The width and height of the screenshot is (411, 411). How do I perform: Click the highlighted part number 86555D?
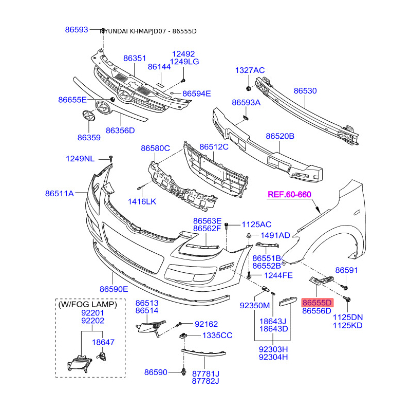tap(317, 303)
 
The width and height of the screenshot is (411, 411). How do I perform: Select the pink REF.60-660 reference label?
tap(290, 194)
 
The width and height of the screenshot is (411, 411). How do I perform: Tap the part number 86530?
tap(305, 91)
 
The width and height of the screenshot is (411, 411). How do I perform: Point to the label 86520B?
tap(280, 136)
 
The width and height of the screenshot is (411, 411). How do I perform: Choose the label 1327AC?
tap(250, 70)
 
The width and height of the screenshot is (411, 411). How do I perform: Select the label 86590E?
tap(114, 289)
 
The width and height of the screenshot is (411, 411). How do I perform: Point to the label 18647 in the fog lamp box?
tap(103, 342)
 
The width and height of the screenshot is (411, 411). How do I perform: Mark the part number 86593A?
tap(246, 103)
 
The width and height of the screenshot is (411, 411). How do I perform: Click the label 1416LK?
tap(141, 201)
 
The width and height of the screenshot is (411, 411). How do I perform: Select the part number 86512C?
tap(214, 147)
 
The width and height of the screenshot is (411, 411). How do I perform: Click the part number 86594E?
tap(197, 94)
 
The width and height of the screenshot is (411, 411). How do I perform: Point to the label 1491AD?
tap(275, 235)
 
